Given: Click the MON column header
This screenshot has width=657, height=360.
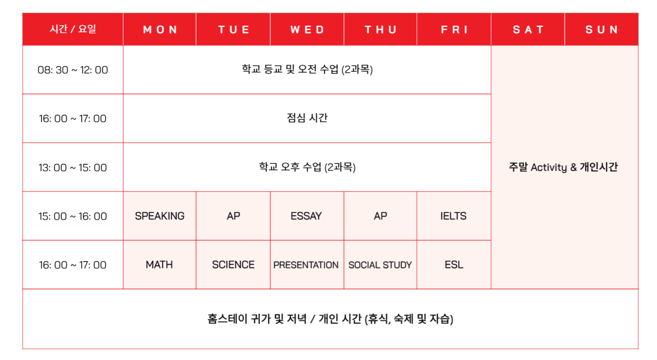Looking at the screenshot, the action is pyautogui.click(x=160, y=30).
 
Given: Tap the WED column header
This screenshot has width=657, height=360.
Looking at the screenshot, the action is pyautogui.click(x=307, y=30).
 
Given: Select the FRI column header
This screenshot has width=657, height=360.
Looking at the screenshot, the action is pyautogui.click(x=454, y=30).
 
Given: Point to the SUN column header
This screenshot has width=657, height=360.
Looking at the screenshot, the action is pyautogui.click(x=601, y=30).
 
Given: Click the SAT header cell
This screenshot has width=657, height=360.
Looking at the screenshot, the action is pyautogui.click(x=528, y=30).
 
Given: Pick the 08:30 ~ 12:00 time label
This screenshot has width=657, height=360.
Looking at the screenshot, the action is pyautogui.click(x=73, y=70).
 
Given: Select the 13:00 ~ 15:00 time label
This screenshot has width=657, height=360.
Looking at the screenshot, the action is pyautogui.click(x=73, y=168).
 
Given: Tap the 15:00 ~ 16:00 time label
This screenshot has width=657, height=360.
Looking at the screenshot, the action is pyautogui.click(x=73, y=216).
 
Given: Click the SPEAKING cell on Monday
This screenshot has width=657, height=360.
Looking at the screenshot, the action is pyautogui.click(x=159, y=216).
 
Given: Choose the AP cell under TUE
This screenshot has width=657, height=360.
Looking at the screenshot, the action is pyautogui.click(x=233, y=216).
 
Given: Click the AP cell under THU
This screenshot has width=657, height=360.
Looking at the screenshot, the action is pyautogui.click(x=380, y=216).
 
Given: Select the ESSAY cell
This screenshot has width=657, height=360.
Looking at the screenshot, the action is pyautogui.click(x=307, y=216).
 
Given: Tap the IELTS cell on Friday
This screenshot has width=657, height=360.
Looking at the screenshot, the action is pyautogui.click(x=454, y=216).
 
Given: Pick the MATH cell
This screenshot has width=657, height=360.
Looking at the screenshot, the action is pyautogui.click(x=159, y=264).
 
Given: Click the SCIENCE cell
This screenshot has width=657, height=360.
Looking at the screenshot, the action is pyautogui.click(x=233, y=264).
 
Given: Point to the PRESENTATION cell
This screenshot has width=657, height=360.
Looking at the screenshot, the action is pyautogui.click(x=307, y=264).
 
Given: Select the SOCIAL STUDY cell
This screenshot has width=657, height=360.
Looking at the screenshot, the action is pyautogui.click(x=380, y=264).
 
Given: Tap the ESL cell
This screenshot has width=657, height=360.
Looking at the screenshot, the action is pyautogui.click(x=454, y=264).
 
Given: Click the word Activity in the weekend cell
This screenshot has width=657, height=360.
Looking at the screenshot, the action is pyautogui.click(x=549, y=168).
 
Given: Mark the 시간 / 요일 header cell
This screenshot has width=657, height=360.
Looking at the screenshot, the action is pyautogui.click(x=73, y=30).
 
